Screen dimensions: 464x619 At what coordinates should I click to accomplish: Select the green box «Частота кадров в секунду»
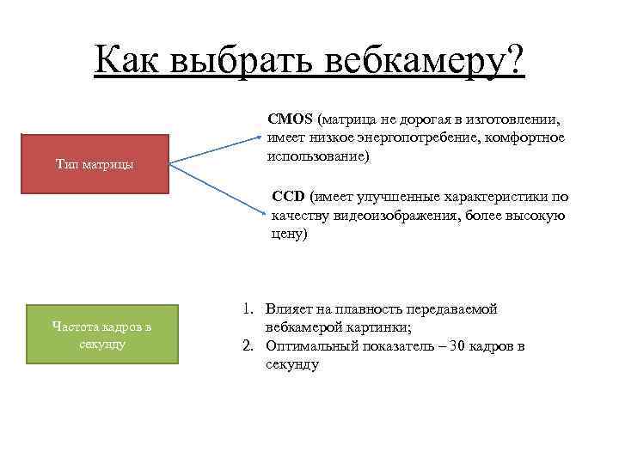101,334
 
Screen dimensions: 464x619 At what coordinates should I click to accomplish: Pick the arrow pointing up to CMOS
215,147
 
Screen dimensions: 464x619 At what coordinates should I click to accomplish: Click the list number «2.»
246,346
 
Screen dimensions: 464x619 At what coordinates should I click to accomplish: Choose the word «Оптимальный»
310,346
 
